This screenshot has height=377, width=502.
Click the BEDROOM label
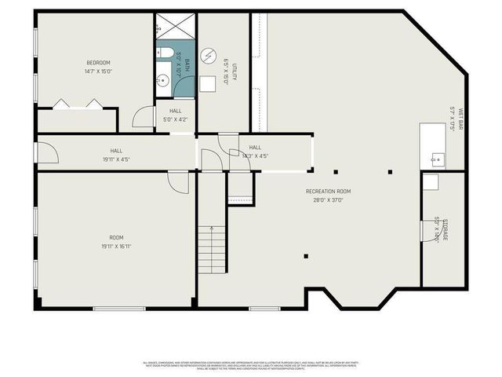point(98,63)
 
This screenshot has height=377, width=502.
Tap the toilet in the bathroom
point(166,53)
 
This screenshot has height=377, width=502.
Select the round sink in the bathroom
point(163,79)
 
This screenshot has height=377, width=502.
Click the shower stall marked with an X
point(173,26)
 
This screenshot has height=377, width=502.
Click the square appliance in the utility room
point(208,84)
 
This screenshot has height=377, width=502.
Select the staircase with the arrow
point(211,244)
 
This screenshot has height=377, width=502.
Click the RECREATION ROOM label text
point(328,191)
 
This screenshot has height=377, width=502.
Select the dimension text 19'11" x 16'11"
point(116,246)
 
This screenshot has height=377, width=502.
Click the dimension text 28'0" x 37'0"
point(328,199)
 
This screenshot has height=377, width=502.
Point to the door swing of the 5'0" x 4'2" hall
point(144,117)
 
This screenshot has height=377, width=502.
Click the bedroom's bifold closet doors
point(78,103)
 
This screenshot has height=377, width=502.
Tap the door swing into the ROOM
point(180,181)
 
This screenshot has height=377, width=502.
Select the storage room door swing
point(431,182)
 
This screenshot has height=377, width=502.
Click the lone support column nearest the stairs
point(305,255)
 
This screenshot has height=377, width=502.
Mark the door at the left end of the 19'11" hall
point(47,152)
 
